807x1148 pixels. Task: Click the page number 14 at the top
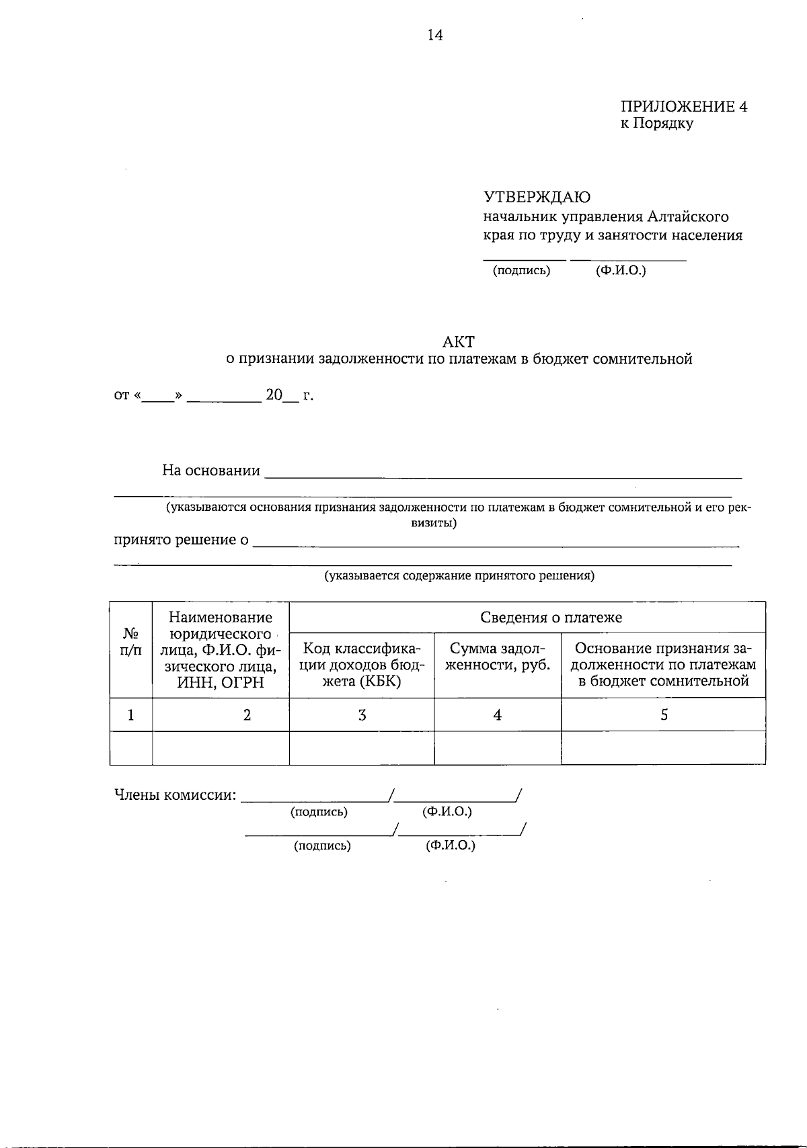tap(435, 36)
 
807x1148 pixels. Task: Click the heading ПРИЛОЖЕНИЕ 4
tap(683, 107)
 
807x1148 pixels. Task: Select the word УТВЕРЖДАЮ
tap(537, 197)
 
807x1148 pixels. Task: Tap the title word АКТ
tap(459, 341)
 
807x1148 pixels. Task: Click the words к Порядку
tap(656, 124)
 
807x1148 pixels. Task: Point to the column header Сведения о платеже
tap(551, 617)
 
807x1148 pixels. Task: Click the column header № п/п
tap(131, 643)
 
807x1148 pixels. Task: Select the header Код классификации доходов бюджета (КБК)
tap(362, 664)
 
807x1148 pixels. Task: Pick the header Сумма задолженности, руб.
tap(498, 657)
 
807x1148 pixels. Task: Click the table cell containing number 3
tap(362, 715)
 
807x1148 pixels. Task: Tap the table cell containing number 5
tap(664, 715)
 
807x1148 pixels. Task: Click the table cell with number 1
tap(130, 715)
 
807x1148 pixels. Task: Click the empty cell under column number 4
tap(498, 748)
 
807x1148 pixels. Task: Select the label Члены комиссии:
tap(176, 795)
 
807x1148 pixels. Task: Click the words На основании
tap(210, 470)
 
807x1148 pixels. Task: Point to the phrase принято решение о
tap(181, 540)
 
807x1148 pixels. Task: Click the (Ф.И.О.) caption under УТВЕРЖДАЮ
tap(621, 271)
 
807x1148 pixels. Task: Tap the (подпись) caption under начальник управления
tap(521, 271)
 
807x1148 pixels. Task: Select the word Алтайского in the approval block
tap(688, 217)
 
